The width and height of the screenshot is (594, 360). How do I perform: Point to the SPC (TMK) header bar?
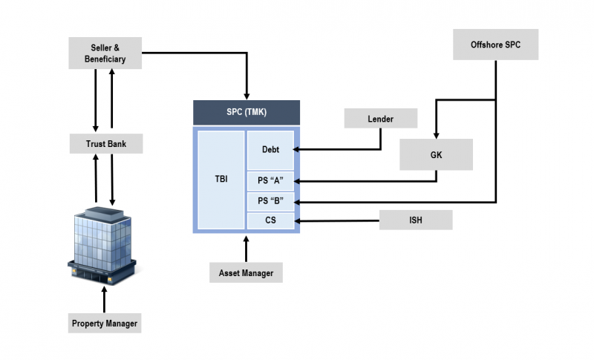click(247, 112)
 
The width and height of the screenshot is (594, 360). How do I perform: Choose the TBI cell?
click(221, 179)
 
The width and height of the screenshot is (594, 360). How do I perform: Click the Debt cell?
click(270, 150)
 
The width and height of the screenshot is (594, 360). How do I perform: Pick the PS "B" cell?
click(270, 200)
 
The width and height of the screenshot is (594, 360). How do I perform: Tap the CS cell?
click(270, 220)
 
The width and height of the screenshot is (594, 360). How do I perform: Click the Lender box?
click(381, 119)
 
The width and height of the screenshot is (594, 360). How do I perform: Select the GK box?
click(436, 154)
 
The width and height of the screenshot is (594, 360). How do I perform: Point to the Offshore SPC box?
click(495, 45)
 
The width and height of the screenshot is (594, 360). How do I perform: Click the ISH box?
click(416, 220)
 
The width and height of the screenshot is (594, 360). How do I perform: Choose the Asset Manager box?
click(246, 272)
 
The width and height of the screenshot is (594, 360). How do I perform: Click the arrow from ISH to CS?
click(338, 220)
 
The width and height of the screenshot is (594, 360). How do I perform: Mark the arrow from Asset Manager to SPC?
click(246, 249)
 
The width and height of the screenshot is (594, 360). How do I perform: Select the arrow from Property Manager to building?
click(104, 300)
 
